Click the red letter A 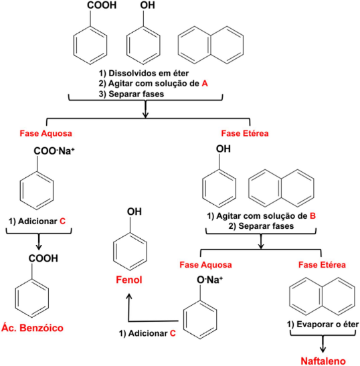click(205, 84)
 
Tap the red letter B click(312, 216)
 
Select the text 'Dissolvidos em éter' click(149, 74)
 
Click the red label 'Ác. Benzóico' click(32, 328)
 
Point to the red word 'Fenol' click(129, 280)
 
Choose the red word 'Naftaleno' click(323, 361)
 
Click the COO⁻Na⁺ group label click(54, 151)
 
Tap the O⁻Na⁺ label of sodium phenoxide click(210, 280)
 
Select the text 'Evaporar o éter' click(328, 325)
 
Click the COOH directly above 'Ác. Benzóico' click(43, 258)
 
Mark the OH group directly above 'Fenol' click(134, 211)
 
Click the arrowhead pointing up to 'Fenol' click(128, 297)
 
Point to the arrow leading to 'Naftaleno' click(323, 344)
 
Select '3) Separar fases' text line click(131, 94)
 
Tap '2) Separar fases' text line click(261, 226)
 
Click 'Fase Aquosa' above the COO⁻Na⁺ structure click(46, 134)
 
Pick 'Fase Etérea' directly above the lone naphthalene click(322, 265)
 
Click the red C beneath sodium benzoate click(62, 221)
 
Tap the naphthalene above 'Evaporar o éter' click(322, 296)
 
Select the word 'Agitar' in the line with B click(227, 216)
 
